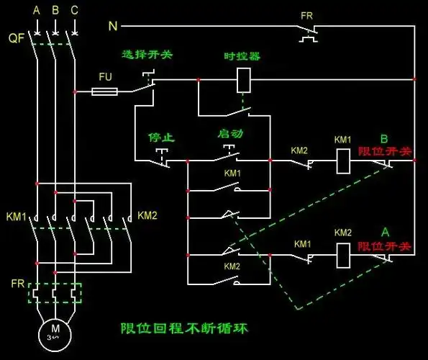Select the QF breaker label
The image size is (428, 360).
[17, 39]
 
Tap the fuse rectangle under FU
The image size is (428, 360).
[106, 91]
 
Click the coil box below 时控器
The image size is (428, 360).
[243, 80]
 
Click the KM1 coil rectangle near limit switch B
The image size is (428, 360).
[342, 162]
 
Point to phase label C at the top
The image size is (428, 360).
[75, 11]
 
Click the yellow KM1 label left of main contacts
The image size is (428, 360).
[15, 216]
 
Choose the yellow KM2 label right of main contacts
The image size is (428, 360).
[147, 215]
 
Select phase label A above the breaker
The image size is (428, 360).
[36, 11]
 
